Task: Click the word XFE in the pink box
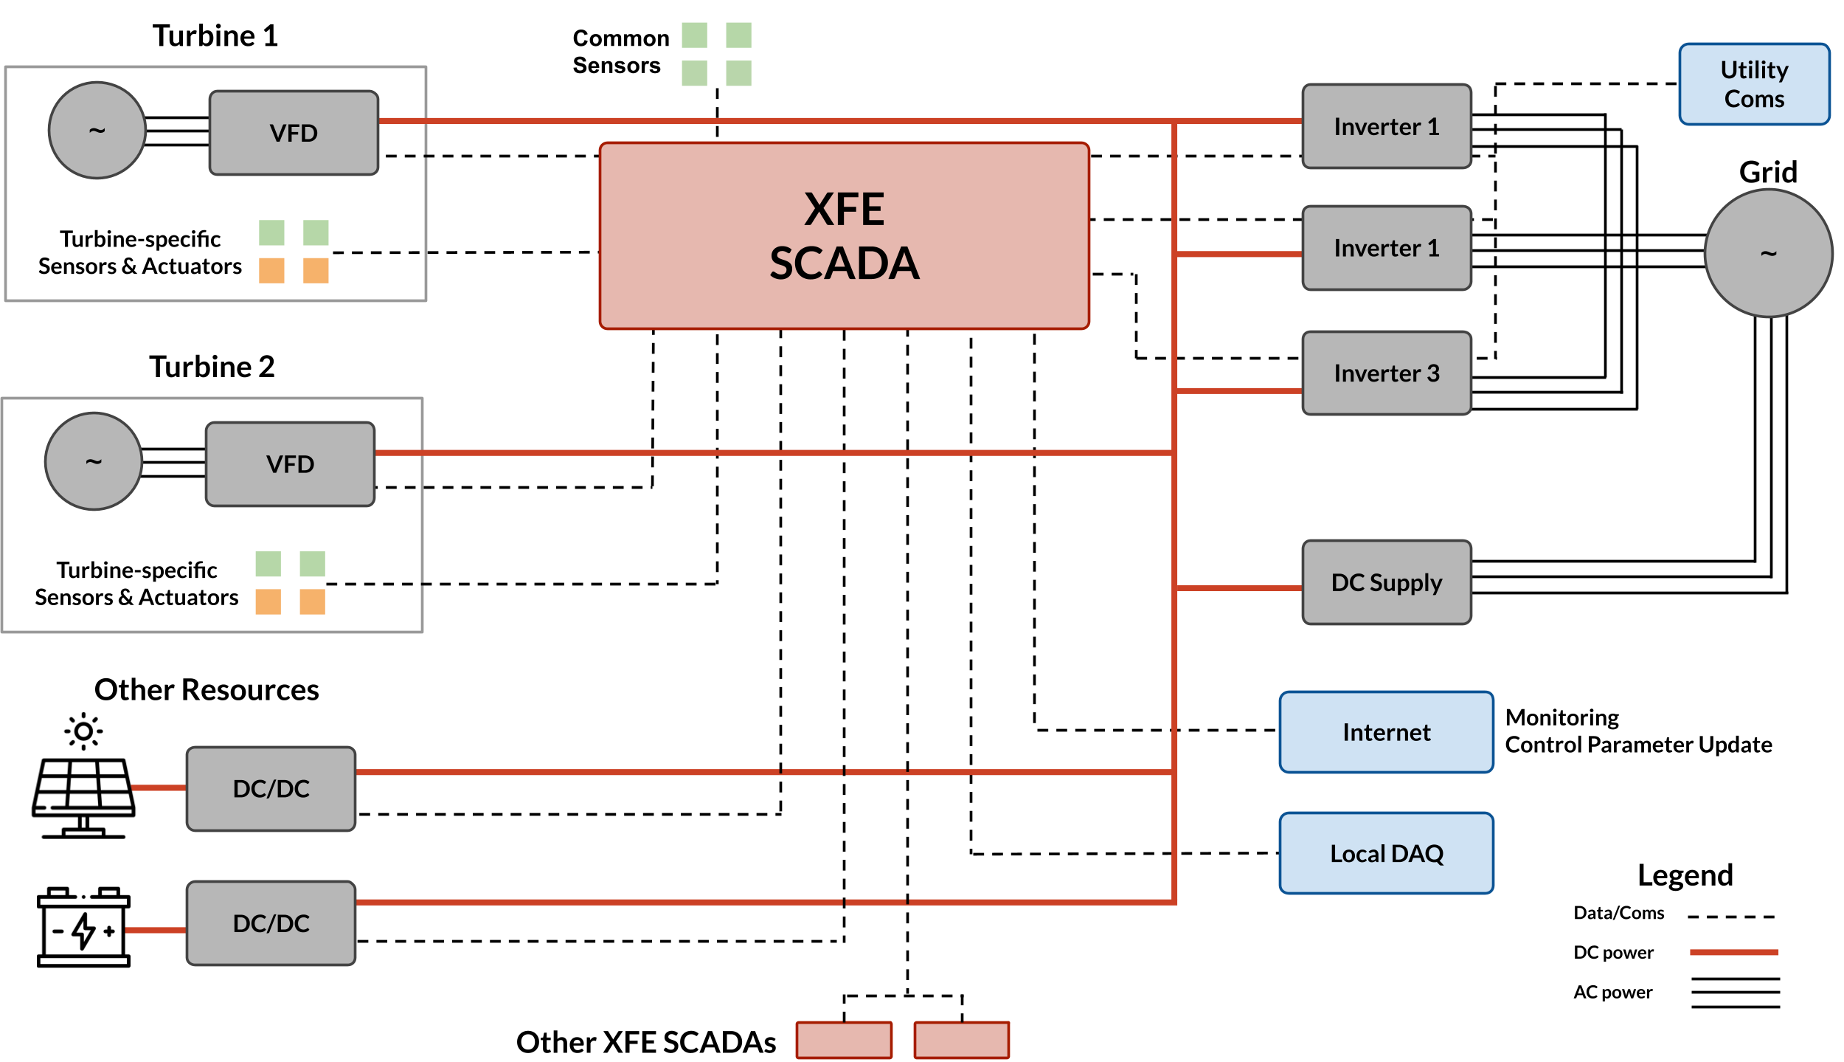click(x=844, y=210)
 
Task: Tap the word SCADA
click(x=844, y=263)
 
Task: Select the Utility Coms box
click(x=1754, y=84)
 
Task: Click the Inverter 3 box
click(x=1386, y=373)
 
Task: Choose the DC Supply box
click(x=1386, y=582)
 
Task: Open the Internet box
click(x=1386, y=732)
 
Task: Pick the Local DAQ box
click(x=1386, y=853)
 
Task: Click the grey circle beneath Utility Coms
click(x=1768, y=253)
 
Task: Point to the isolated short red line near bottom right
click(x=1734, y=952)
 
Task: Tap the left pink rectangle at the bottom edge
click(x=844, y=1040)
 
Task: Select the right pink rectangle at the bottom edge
click(x=961, y=1040)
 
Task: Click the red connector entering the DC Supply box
click(x=1239, y=588)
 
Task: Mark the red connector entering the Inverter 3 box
click(x=1239, y=390)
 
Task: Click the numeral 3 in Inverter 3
click(x=1432, y=373)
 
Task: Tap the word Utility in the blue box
click(x=1754, y=70)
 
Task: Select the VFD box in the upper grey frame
click(x=294, y=133)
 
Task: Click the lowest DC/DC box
click(x=271, y=923)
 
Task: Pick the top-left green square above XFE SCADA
click(x=694, y=35)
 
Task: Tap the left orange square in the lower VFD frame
click(x=268, y=601)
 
